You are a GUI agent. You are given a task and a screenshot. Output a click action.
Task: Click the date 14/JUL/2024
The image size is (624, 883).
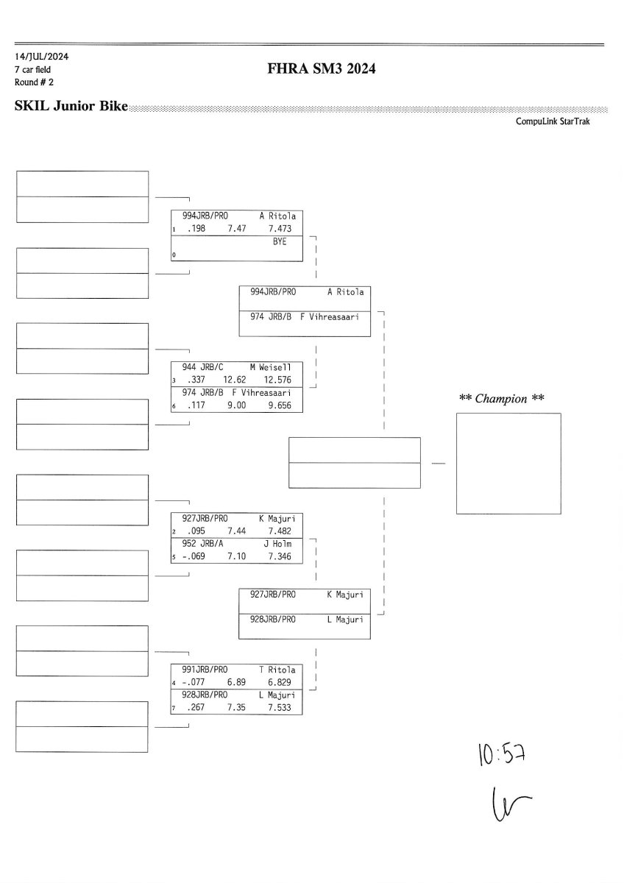pos(36,56)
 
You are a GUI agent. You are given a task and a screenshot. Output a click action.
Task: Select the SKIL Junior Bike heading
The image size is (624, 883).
pos(71,107)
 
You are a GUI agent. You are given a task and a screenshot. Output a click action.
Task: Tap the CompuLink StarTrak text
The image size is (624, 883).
pos(553,121)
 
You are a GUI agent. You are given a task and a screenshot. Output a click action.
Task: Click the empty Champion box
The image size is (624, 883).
pos(508,463)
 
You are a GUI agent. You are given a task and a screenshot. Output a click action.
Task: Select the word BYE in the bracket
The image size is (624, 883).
pos(280,242)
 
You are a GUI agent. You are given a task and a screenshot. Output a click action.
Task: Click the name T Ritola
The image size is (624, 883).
pos(277,670)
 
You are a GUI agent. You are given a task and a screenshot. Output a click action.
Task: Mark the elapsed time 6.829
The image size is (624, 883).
pos(280,683)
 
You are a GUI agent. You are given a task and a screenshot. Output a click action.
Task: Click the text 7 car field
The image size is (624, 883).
pos(33,69)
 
